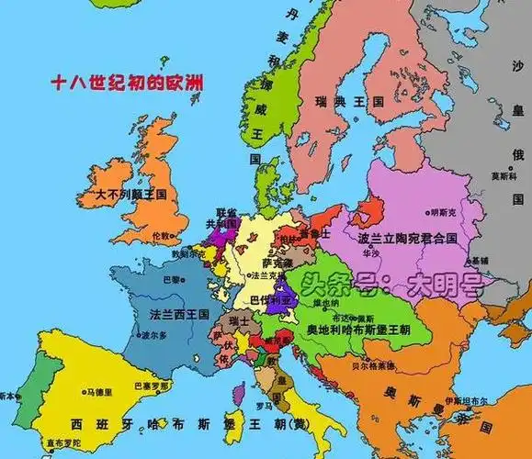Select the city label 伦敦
tap(163, 236)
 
